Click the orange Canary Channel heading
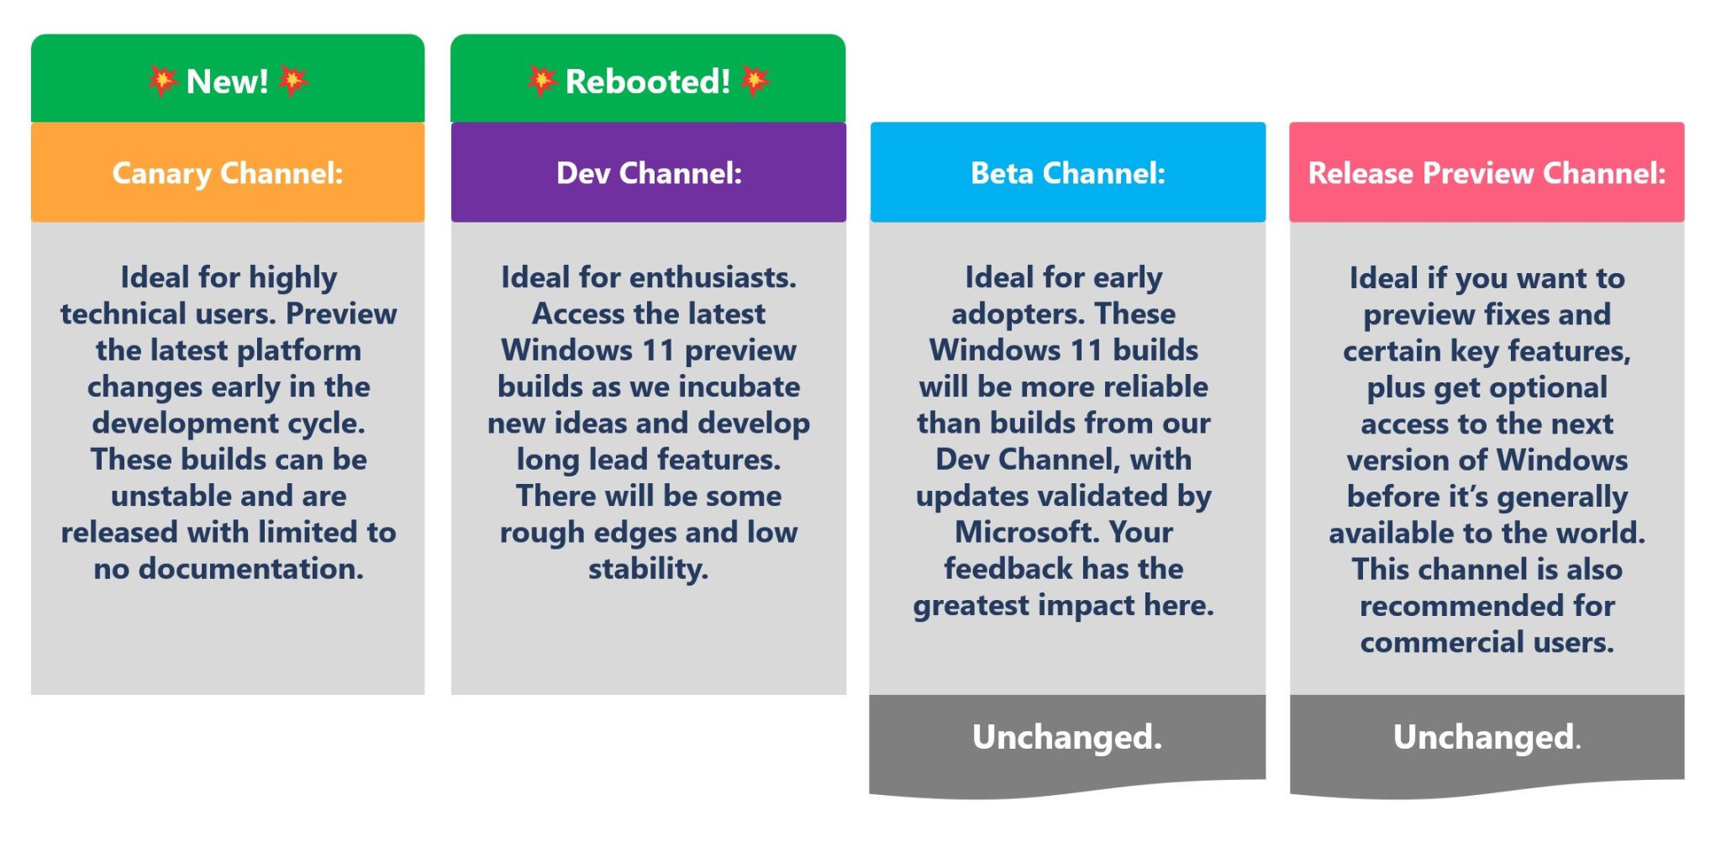coord(228,173)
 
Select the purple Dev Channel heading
coord(649,173)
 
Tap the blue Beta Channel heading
coord(1067,173)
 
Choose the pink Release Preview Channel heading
coord(1487,173)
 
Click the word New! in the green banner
coord(227,82)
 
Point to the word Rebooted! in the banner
coord(648,82)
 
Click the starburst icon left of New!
coord(161,81)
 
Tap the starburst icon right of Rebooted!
coord(755,81)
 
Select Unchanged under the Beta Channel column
coord(1067,737)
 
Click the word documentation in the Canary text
coord(250,569)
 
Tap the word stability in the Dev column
coord(648,569)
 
